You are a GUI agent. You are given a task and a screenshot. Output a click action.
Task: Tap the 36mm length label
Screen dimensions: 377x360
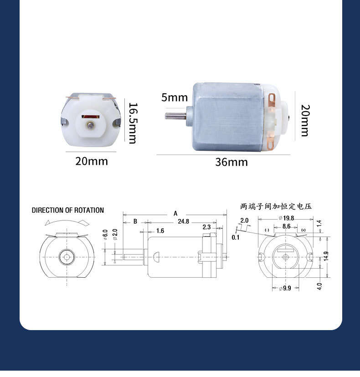point(231,162)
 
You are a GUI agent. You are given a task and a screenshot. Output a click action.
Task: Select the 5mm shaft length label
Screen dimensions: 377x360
point(174,97)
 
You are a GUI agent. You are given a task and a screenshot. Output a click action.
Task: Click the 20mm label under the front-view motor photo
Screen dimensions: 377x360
point(92,161)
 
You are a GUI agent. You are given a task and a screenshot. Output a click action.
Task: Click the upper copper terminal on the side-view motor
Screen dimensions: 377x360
point(273,99)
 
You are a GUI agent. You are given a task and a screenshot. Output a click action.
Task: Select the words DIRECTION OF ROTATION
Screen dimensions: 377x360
point(68,210)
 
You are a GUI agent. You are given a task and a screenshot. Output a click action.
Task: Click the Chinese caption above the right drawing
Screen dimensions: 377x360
point(276,206)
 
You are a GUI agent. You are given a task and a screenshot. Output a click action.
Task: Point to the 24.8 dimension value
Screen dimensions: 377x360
point(184,222)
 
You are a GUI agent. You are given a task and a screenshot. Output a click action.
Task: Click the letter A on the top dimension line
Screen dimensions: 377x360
point(175,213)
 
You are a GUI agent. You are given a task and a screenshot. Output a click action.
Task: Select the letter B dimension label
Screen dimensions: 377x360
point(135,222)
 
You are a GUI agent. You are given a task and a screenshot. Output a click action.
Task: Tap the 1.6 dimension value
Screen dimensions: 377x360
point(160,231)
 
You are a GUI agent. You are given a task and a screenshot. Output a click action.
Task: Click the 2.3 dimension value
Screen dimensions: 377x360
point(206,227)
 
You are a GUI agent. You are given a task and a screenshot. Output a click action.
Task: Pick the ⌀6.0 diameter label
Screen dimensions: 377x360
point(105,235)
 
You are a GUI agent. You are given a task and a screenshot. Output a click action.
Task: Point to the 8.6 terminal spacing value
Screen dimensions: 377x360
point(286,226)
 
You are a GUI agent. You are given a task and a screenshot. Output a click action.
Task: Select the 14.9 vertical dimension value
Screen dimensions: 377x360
point(326,257)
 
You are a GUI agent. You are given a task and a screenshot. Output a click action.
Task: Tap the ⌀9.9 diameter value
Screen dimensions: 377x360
point(285,288)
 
